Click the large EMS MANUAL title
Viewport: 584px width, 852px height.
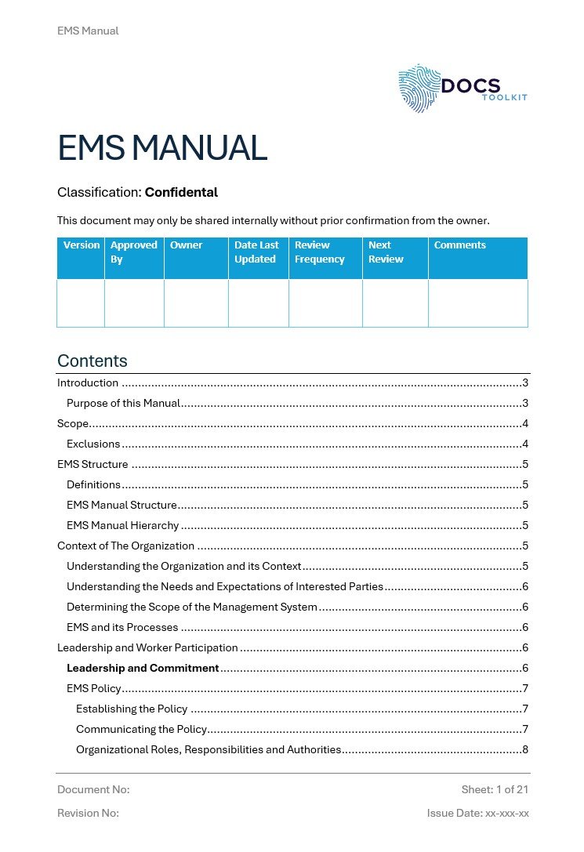(x=162, y=148)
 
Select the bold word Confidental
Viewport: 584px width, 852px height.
(x=181, y=192)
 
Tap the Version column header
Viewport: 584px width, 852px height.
(x=82, y=245)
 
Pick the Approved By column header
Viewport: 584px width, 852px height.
(x=133, y=252)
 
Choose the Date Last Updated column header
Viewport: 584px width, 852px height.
(x=256, y=252)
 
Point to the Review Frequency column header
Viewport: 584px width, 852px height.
(x=319, y=252)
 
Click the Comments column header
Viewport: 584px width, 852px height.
(x=459, y=245)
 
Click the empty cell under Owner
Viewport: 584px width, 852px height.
(x=196, y=303)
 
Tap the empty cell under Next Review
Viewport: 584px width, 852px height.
(x=395, y=303)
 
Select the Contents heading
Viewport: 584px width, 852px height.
(x=92, y=361)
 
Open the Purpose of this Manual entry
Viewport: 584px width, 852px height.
(x=124, y=404)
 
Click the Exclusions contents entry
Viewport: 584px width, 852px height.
(x=93, y=444)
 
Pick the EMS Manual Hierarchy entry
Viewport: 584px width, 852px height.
(x=123, y=526)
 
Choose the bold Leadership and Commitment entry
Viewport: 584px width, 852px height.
(x=143, y=669)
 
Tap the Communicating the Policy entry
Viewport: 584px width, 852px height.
(x=141, y=730)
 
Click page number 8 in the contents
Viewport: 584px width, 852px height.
(x=525, y=750)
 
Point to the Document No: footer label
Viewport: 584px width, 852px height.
(x=93, y=789)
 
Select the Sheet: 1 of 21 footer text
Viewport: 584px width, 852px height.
(x=495, y=789)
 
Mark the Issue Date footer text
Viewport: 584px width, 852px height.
(x=477, y=814)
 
